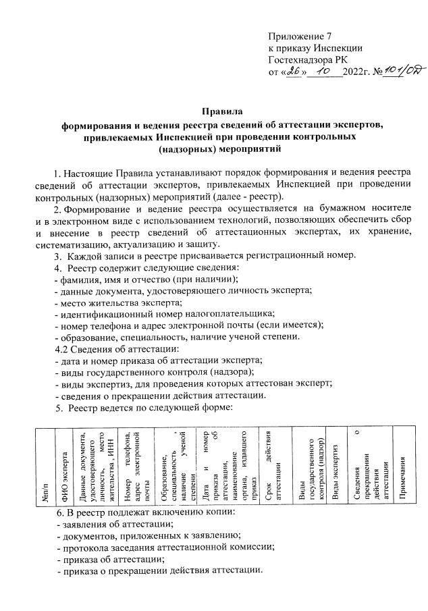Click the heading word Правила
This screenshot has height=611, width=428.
pyautogui.click(x=222, y=111)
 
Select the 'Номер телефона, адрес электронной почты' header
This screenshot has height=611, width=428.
pyautogui.click(x=134, y=466)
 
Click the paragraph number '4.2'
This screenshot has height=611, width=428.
pyautogui.click(x=63, y=349)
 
